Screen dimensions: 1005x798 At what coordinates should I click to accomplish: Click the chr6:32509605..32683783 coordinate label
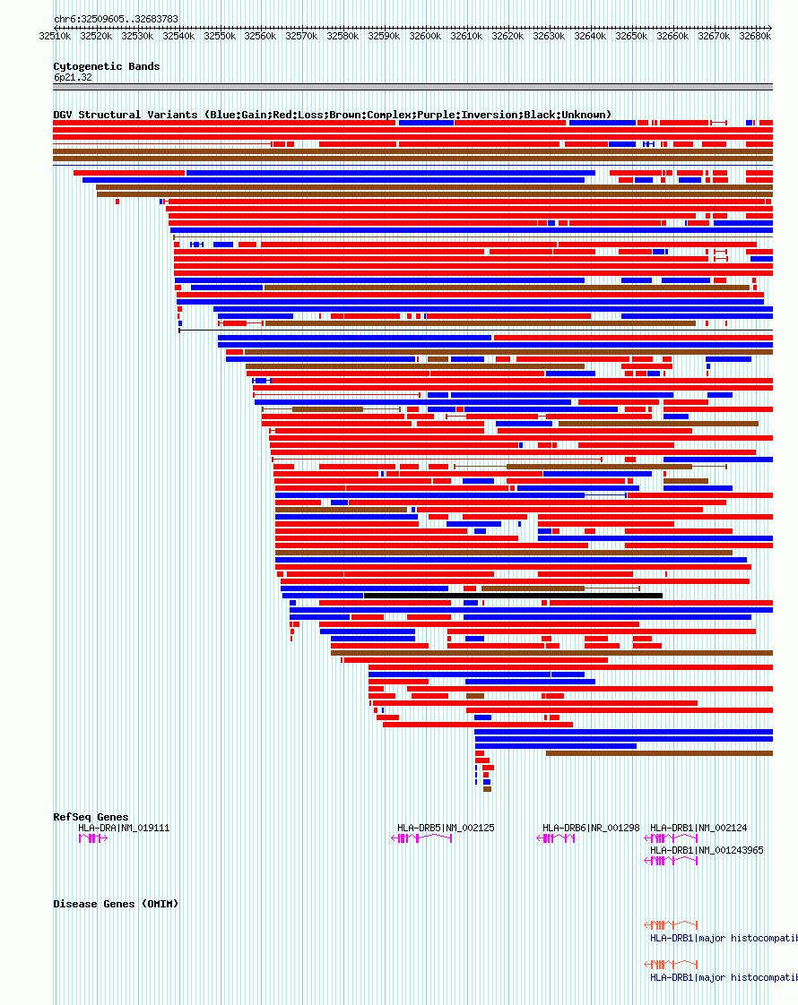pyautogui.click(x=116, y=19)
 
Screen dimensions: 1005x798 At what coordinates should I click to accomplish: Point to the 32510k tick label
pyautogui.click(x=55, y=37)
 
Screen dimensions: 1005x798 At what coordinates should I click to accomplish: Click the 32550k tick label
pyautogui.click(x=220, y=37)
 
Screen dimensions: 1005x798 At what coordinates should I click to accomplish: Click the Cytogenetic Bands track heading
pyautogui.click(x=107, y=66)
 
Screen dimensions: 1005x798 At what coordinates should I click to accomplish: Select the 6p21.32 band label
pyautogui.click(x=73, y=77)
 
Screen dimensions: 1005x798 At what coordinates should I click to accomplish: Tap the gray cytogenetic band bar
pyautogui.click(x=412, y=87)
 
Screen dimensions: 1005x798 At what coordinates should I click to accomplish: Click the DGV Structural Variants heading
pyautogui.click(x=332, y=115)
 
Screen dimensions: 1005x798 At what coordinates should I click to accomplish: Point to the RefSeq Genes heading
pyautogui.click(x=91, y=817)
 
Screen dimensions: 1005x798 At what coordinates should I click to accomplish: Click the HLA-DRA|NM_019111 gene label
pyautogui.click(x=124, y=828)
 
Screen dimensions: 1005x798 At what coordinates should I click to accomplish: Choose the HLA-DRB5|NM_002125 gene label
pyautogui.click(x=446, y=828)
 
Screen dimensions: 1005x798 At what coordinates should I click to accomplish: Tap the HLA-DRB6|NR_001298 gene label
pyautogui.click(x=591, y=828)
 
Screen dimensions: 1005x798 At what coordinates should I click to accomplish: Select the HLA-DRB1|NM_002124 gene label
pyautogui.click(x=698, y=828)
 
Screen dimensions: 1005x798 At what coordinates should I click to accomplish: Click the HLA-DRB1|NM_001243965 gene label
pyautogui.click(x=707, y=850)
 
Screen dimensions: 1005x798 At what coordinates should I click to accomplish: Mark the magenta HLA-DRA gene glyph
pyautogui.click(x=92, y=838)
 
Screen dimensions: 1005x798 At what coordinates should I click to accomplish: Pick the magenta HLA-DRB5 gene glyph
pyautogui.click(x=422, y=838)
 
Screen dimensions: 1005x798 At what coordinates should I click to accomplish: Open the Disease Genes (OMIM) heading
pyautogui.click(x=116, y=904)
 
